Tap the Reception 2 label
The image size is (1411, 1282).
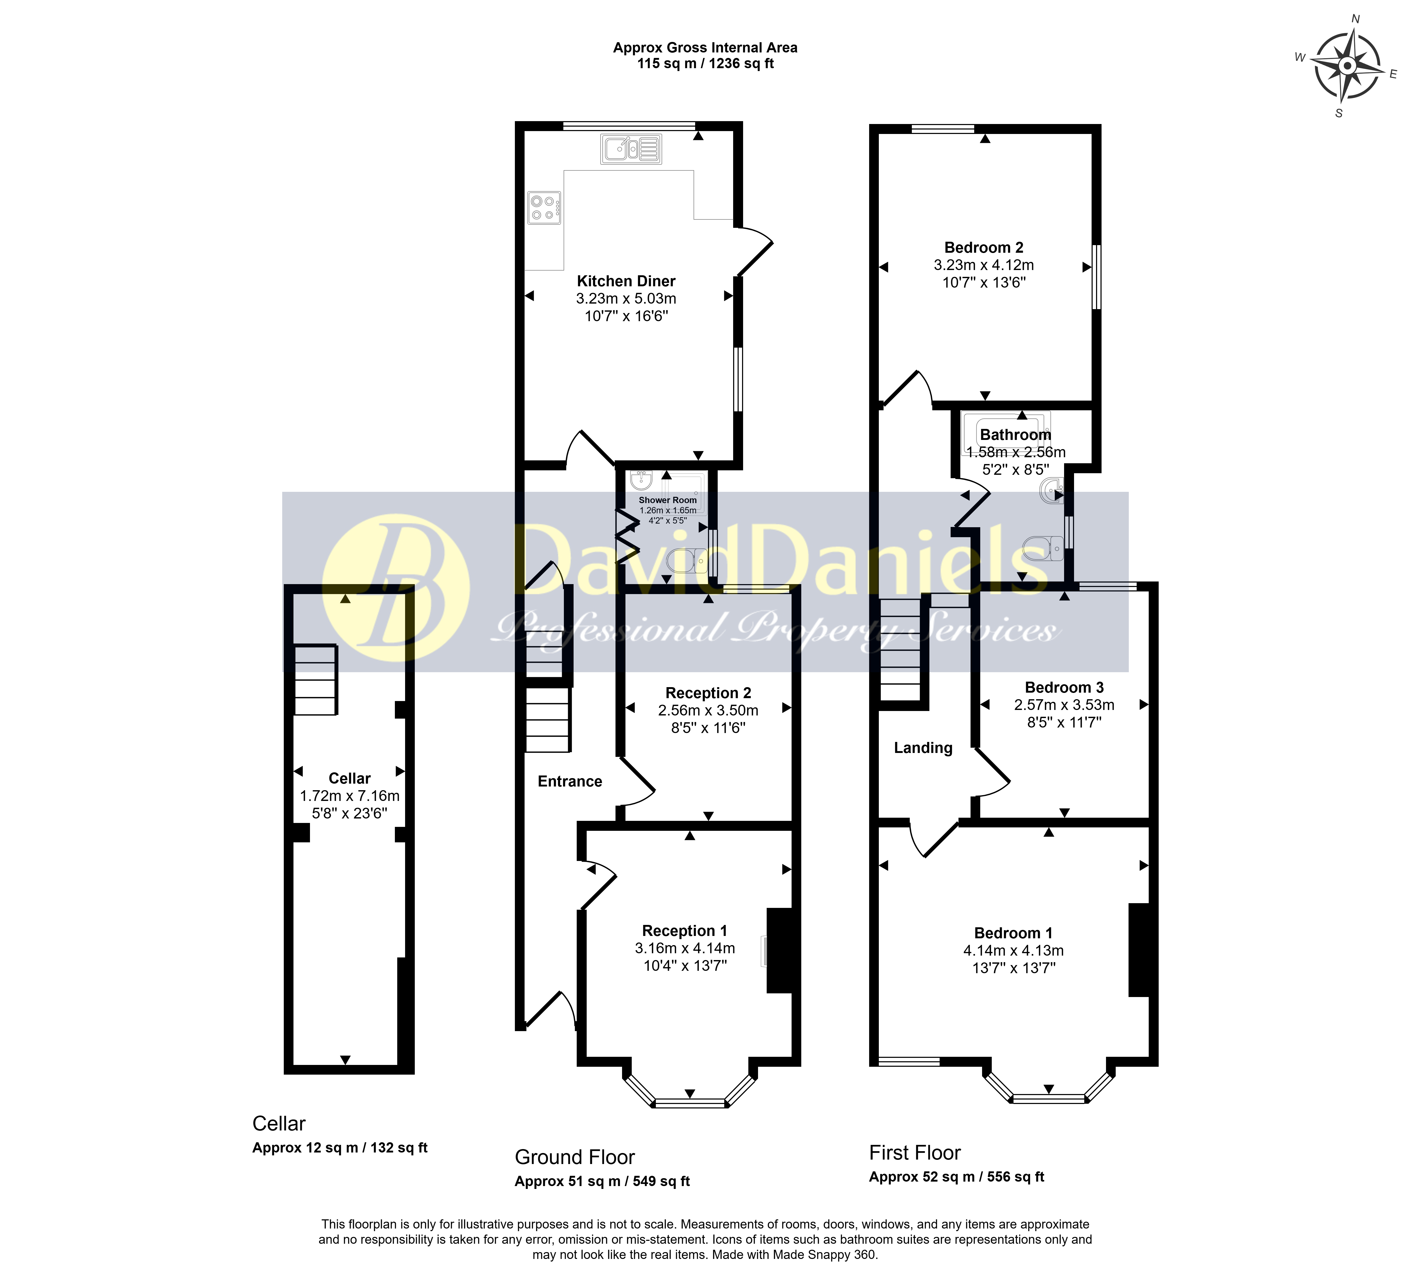[708, 693]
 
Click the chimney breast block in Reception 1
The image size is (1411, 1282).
[782, 950]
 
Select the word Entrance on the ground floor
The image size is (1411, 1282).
[570, 781]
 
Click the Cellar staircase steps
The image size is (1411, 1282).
[316, 679]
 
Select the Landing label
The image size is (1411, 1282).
[923, 748]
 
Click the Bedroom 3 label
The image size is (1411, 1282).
[1064, 688]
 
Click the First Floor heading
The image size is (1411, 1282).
[915, 1152]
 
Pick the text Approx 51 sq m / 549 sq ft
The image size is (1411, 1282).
[602, 1181]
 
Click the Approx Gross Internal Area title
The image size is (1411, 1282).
[705, 48]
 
